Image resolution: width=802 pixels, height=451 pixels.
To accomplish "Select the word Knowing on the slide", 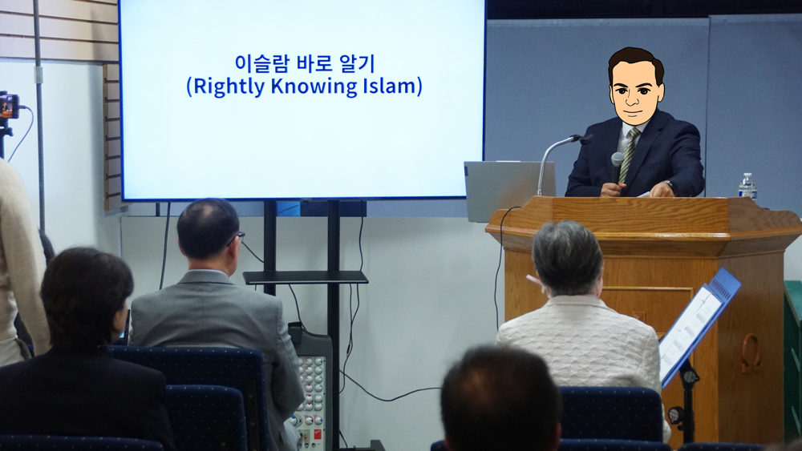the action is click(314, 87).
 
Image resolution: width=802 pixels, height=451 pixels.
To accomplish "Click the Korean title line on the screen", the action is click(305, 64).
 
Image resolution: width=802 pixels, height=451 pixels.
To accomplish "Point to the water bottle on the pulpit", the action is click(747, 186).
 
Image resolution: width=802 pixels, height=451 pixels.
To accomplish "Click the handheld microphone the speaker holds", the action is click(616, 166).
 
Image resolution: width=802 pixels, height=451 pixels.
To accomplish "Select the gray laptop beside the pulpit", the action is click(508, 191).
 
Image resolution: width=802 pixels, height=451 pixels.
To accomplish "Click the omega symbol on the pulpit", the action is click(751, 352).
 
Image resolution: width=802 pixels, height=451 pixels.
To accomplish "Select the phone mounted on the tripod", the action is click(9, 106).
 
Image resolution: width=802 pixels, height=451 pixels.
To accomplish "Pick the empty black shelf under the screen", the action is click(306, 277).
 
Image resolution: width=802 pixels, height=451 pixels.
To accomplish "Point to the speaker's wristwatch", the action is click(669, 185).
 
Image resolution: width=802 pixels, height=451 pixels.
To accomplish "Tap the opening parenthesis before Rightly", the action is click(188, 87).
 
